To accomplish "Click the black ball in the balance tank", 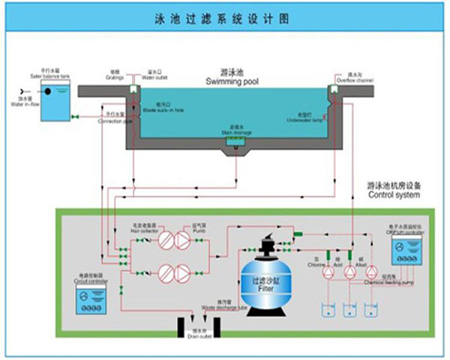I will [x=47, y=91].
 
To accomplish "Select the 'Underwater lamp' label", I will [x=309, y=117].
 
